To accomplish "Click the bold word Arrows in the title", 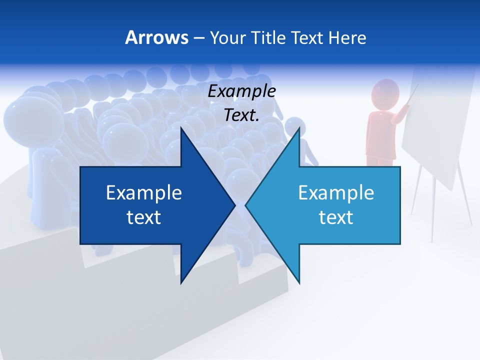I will point(156,37).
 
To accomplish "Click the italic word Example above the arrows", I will point(241,91).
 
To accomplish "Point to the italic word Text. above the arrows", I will point(241,115).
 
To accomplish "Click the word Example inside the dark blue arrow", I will point(144,193).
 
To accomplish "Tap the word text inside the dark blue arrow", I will point(144,217).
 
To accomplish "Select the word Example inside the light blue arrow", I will point(336,193).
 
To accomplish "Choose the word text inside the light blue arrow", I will point(336,217).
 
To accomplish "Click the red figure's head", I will point(385,93).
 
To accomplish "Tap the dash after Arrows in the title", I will point(198,37).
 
